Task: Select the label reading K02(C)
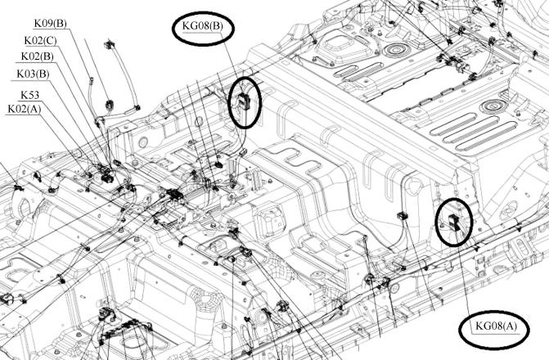click(40, 39)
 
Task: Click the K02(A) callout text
click(25, 109)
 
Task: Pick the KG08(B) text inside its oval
click(203, 27)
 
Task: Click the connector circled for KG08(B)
click(245, 101)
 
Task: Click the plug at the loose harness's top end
click(109, 42)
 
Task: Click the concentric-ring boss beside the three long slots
click(492, 106)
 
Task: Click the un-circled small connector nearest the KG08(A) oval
click(402, 216)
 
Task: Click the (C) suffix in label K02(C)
click(52, 39)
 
